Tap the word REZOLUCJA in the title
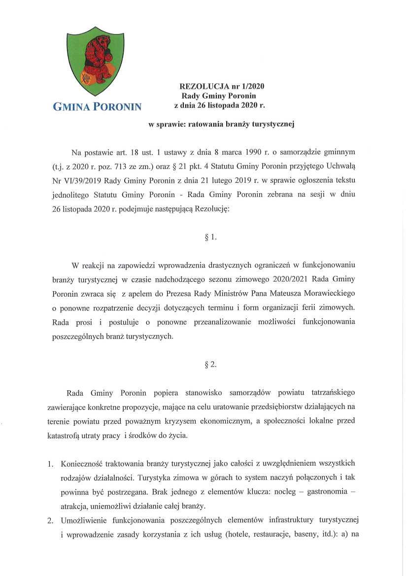(x=201, y=86)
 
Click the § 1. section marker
(x=210, y=237)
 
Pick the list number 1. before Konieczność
(x=50, y=464)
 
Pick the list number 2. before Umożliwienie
(x=50, y=520)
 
